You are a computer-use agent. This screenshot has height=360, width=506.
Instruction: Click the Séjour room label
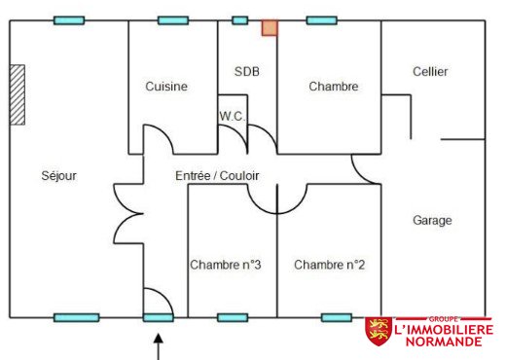point(59,176)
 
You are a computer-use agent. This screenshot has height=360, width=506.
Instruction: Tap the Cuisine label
point(166,87)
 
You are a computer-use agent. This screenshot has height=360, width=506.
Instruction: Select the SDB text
point(247,71)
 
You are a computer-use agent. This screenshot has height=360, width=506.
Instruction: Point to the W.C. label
point(233,116)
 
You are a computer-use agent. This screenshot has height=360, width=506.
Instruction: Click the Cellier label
point(430,71)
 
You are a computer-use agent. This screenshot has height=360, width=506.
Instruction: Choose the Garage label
point(432,221)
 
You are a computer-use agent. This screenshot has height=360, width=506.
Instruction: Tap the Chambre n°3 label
point(226,265)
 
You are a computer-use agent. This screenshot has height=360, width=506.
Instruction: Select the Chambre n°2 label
point(329,265)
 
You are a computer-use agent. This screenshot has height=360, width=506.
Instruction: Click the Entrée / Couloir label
point(217,176)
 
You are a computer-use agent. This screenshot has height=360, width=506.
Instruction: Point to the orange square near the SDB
point(270,28)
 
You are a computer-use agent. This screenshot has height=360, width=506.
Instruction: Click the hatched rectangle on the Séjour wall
point(18,94)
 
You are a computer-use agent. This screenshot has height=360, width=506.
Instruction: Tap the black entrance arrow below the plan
point(159,346)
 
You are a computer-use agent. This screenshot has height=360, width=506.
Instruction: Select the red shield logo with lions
point(379,331)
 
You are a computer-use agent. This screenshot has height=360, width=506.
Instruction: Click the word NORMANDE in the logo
point(444,342)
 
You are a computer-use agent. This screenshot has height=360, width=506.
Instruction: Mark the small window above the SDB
point(240,20)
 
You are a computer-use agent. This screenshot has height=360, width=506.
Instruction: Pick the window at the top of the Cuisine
point(173,20)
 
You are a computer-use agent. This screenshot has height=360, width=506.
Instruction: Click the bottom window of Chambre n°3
point(233,317)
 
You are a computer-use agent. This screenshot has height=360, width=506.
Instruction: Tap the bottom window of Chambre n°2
point(337,317)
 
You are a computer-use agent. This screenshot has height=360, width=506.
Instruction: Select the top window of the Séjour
point(69,20)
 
